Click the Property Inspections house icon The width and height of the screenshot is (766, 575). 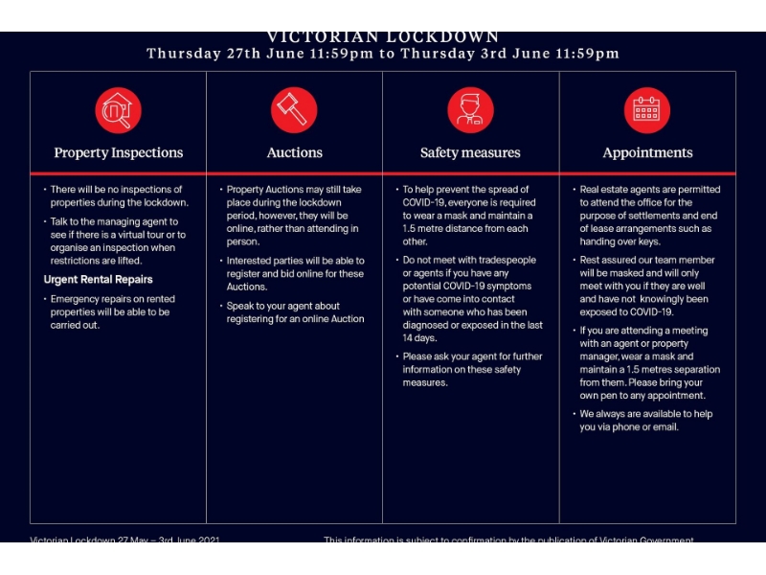coord(118,110)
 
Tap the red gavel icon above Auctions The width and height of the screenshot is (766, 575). coord(294,110)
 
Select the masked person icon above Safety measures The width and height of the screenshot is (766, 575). coord(470,110)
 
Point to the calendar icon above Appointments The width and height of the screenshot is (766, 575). coord(647,110)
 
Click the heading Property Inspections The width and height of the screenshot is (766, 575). coord(118,153)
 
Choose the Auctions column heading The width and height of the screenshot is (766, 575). coord(294,153)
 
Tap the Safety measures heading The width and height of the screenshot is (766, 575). coord(470,153)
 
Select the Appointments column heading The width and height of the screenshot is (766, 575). coord(647,153)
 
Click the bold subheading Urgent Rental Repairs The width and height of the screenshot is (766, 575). coord(98,280)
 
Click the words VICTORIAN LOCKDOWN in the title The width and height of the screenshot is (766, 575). coord(383,37)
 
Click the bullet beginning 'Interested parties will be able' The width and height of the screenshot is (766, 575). coord(294,273)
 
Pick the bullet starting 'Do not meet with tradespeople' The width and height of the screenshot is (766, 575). coord(472,299)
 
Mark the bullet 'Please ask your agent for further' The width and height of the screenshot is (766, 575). coord(472,370)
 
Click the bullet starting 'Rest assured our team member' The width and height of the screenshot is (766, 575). coord(647,286)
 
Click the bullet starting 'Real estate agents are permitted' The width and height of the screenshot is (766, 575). coord(649,216)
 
